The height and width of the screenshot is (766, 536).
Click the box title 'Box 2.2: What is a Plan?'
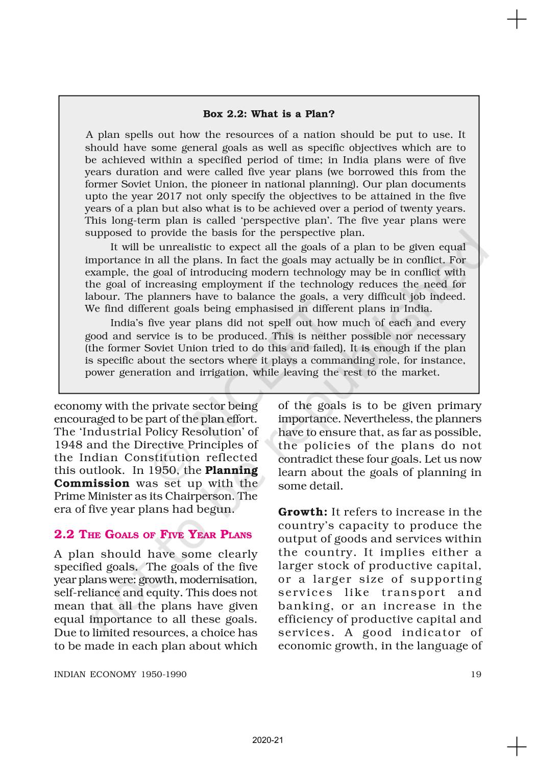[x=269, y=114]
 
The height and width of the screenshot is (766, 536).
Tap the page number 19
[x=476, y=674]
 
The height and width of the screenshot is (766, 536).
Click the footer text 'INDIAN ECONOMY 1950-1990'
[x=120, y=674]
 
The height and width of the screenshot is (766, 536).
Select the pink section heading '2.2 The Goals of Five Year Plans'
[x=153, y=535]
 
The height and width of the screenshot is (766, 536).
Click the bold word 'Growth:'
[x=302, y=512]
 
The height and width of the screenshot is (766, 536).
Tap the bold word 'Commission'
[x=92, y=483]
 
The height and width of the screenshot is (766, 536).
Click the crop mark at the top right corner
[x=517, y=20]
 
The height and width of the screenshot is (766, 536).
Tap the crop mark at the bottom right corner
[x=517, y=746]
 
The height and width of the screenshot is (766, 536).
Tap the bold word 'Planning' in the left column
[x=231, y=470]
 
